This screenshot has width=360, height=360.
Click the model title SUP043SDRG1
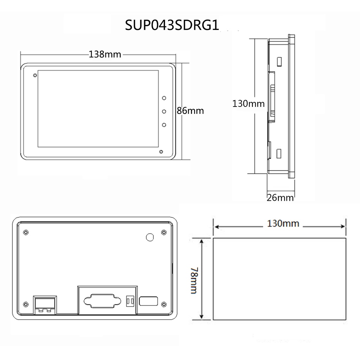[172, 26]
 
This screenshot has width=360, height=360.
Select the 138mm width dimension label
[105, 54]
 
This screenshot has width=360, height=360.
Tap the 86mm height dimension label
[190, 110]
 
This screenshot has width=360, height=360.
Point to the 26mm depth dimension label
[280, 198]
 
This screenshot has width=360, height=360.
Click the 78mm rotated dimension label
[193, 280]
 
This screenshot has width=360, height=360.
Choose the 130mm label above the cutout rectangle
[283, 223]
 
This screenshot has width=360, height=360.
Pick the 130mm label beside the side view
[248, 103]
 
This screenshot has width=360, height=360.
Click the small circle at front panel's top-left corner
[34, 76]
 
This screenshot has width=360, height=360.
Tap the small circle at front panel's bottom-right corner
[161, 152]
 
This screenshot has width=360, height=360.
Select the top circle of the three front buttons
[164, 98]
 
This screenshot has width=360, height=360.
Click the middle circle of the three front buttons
[164, 111]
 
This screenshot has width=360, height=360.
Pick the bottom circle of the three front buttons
[164, 125]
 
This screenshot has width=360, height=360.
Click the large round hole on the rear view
[150, 237]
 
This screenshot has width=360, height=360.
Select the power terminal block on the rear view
[45, 304]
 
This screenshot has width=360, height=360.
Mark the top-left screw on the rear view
[26, 232]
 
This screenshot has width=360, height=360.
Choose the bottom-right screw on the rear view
[163, 304]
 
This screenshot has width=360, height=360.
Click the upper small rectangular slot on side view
[279, 62]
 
